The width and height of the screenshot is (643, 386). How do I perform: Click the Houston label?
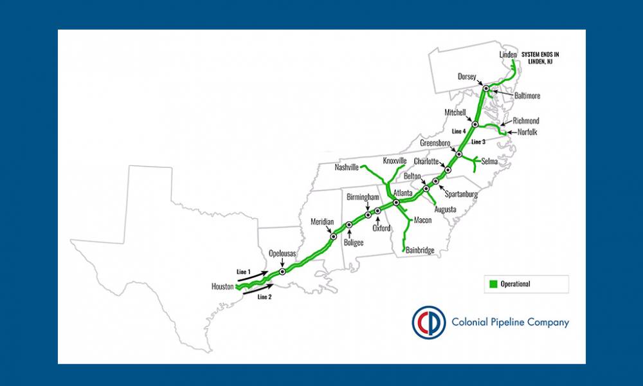click(x=222, y=286)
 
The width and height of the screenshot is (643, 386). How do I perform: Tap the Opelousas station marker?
click(x=282, y=271)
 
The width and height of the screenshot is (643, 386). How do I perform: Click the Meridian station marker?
click(x=333, y=236)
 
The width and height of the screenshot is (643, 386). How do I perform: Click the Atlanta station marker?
click(x=396, y=203)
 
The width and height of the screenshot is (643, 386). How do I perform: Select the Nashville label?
click(x=347, y=167)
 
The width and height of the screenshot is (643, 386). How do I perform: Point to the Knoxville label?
click(x=395, y=160)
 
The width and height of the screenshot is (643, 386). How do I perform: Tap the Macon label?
click(x=422, y=220)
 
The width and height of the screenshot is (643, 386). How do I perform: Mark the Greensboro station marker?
click(x=458, y=154)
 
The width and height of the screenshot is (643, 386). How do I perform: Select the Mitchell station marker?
click(x=475, y=124)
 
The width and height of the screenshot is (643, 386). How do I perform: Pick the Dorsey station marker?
click(x=486, y=88)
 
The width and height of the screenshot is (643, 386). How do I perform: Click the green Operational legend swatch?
click(x=494, y=284)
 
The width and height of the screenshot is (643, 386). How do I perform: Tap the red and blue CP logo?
click(x=429, y=322)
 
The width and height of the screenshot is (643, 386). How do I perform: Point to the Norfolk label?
click(x=527, y=132)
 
